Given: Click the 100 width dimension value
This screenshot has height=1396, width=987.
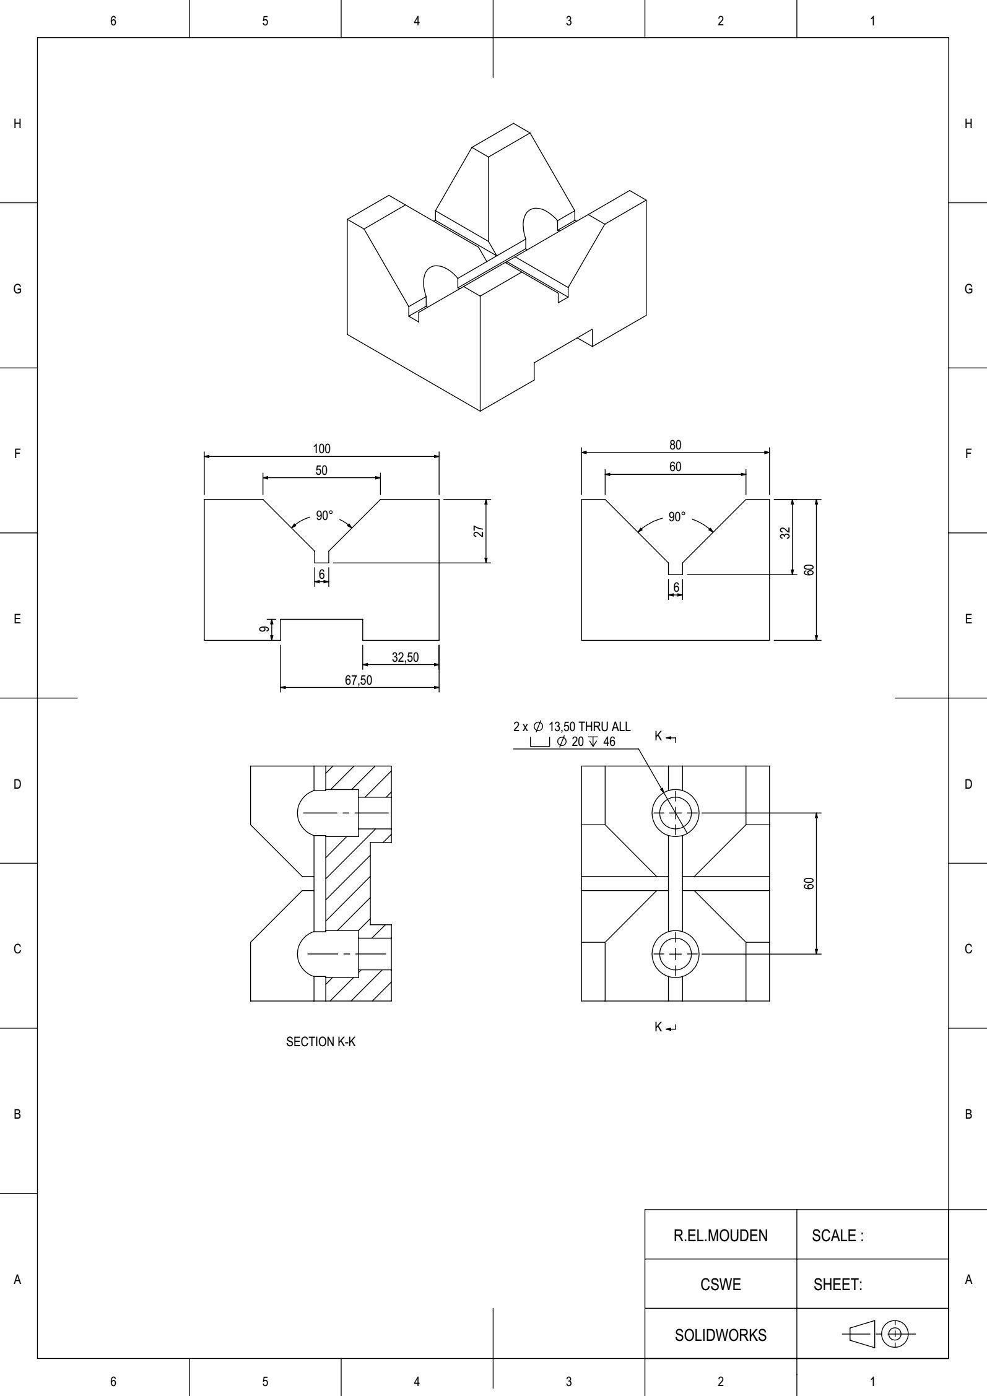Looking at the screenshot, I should (321, 449).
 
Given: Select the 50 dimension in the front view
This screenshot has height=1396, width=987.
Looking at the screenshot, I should (321, 470).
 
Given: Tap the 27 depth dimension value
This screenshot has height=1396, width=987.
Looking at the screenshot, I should (479, 531).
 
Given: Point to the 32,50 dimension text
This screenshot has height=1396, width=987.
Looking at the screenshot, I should (405, 657).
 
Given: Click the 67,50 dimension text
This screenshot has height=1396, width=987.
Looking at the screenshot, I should (359, 680).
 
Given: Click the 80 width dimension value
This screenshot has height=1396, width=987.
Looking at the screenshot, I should (675, 445).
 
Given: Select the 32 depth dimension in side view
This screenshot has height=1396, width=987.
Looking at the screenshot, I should (785, 533).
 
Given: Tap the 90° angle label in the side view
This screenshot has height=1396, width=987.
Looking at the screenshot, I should (677, 517).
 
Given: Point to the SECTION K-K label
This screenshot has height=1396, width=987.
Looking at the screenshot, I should (321, 1042).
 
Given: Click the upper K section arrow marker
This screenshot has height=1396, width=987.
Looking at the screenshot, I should (665, 737).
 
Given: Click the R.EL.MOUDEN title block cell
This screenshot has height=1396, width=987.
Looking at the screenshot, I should (720, 1236).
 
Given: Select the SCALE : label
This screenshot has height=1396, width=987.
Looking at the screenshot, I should (837, 1236).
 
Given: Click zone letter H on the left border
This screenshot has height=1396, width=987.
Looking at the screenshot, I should (17, 124).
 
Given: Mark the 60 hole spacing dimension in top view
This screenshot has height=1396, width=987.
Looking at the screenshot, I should (809, 883).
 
